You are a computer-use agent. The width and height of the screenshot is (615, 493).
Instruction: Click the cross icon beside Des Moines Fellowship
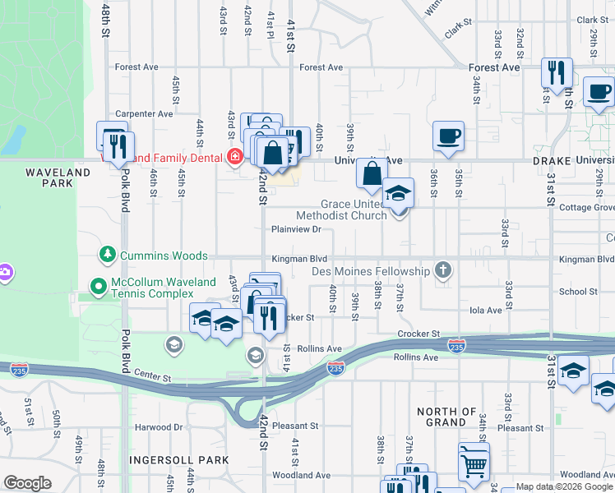(443, 270)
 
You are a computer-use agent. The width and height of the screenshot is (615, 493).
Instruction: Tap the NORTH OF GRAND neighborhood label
(446, 417)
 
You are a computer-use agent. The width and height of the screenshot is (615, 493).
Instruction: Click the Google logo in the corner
(27, 483)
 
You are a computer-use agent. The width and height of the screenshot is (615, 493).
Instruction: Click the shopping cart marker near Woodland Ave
(474, 463)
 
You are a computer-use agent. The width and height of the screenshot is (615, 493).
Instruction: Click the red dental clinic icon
(235, 156)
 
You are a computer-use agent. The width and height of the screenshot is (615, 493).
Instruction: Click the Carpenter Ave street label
(144, 113)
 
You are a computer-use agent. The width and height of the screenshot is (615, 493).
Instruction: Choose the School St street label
(578, 292)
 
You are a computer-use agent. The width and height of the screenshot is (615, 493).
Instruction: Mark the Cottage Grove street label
(587, 208)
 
